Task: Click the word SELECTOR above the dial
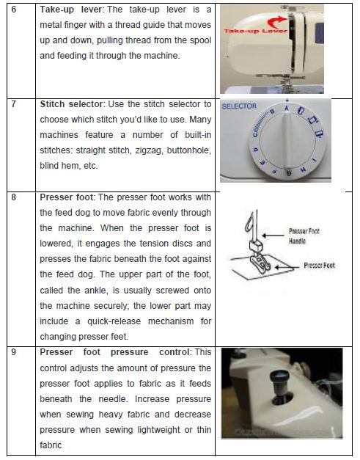click(239, 106)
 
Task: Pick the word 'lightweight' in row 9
click(166, 429)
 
